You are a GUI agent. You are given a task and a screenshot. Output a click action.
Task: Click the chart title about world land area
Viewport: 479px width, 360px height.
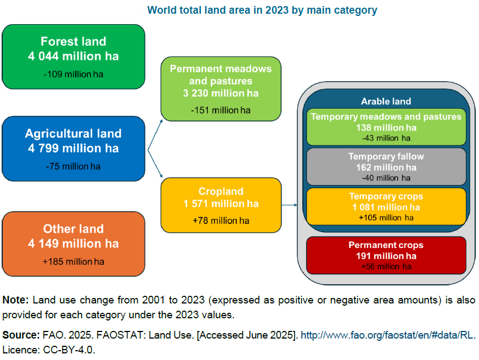click(x=262, y=10)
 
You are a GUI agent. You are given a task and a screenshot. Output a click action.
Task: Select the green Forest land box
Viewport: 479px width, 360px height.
click(x=74, y=57)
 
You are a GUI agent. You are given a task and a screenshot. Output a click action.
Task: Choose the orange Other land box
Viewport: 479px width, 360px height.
click(x=74, y=244)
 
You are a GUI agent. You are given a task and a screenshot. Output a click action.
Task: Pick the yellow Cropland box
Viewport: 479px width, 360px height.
click(x=221, y=204)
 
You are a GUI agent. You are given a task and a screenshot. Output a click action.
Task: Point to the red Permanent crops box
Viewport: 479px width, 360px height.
click(x=386, y=255)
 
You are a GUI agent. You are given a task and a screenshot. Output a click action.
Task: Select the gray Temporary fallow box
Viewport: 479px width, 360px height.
click(x=386, y=167)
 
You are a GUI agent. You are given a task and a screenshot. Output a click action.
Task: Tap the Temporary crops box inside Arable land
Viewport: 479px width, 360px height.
click(x=386, y=206)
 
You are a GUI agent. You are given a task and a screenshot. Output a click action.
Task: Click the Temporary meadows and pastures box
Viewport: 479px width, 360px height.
click(x=386, y=127)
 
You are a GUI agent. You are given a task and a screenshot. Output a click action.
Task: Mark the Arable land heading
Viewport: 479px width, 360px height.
click(x=386, y=102)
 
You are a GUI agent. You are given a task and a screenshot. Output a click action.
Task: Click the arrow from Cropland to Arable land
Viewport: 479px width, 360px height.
click(x=289, y=206)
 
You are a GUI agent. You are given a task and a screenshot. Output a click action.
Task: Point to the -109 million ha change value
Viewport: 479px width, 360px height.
click(x=74, y=74)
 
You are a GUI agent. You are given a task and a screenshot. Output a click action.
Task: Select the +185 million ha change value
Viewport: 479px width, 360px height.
click(x=74, y=262)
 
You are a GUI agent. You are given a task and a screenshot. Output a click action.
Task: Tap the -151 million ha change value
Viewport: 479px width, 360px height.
click(x=221, y=110)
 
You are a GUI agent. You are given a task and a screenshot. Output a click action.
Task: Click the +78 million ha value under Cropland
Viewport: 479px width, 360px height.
click(x=221, y=221)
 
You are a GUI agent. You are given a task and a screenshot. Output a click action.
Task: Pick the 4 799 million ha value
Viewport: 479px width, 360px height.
click(x=74, y=148)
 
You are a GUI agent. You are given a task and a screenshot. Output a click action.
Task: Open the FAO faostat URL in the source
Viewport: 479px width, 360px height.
click(x=387, y=335)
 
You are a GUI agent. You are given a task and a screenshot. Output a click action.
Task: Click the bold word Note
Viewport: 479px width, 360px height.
click(x=15, y=300)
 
